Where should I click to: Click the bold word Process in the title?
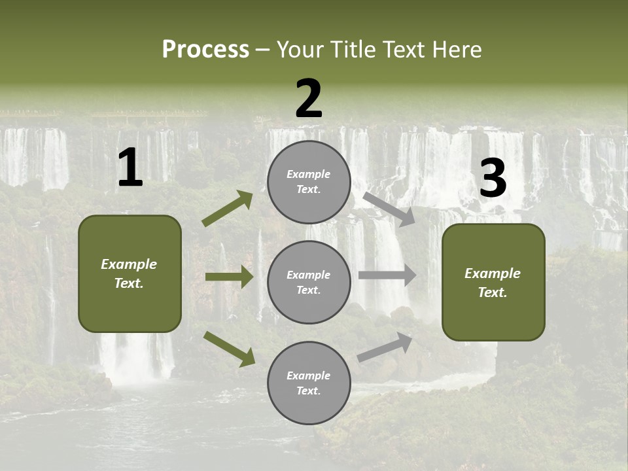[205, 49]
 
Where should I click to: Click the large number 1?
[130, 169]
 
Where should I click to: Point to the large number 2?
[309, 99]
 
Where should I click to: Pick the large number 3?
[493, 179]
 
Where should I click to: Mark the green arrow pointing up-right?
[228, 208]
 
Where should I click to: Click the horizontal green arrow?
[229, 277]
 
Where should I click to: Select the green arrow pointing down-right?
[229, 348]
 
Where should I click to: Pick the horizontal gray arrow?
[387, 275]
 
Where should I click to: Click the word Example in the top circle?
[309, 175]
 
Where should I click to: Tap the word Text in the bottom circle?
[307, 391]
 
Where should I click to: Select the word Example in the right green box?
[493, 273]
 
